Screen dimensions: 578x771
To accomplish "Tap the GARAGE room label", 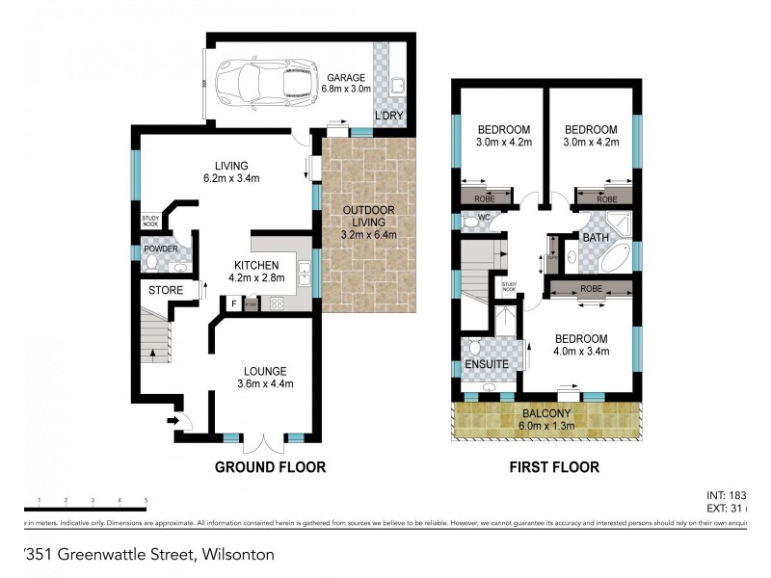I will [346, 77].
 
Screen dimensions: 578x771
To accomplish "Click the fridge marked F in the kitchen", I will [233, 303].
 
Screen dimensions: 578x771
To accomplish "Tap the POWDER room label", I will [161, 249].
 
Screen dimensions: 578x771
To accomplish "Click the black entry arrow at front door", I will [175, 419].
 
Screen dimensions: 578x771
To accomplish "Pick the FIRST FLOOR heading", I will [554, 467].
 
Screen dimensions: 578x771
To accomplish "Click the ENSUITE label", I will [487, 364].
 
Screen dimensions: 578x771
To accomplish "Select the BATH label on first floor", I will [594, 236].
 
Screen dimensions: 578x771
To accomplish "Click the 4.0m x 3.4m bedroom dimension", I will [581, 353].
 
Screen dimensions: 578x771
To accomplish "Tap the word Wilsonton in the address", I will [238, 554].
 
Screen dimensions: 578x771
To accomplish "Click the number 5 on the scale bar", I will [146, 500].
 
